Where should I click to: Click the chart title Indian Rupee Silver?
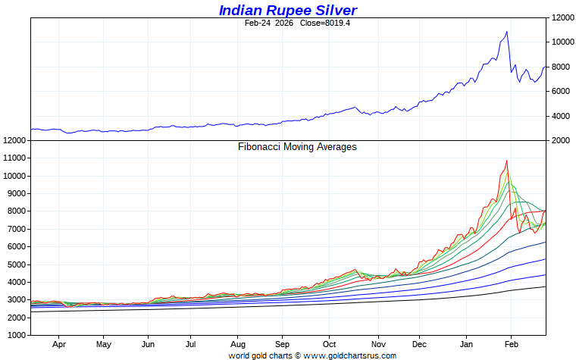pyautogui.click(x=287, y=10)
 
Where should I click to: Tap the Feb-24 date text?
pyautogui.click(x=257, y=23)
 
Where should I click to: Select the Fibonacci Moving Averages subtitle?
pyautogui.click(x=297, y=147)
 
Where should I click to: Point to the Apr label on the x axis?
pyautogui.click(x=60, y=343)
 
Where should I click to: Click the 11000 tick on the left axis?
pyautogui.click(x=16, y=158)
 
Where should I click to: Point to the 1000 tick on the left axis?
pyautogui.click(x=18, y=335)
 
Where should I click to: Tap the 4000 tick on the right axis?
pyautogui.click(x=560, y=116)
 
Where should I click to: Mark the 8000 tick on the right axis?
pyautogui.click(x=560, y=67)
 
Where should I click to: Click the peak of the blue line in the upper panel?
pyautogui.click(x=506, y=32)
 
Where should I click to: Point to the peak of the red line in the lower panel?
pyautogui.click(x=506, y=161)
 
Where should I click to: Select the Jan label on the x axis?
pyautogui.click(x=468, y=343)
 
